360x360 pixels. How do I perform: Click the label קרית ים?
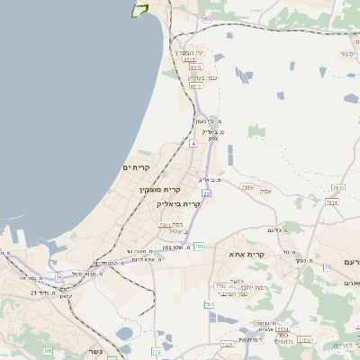tap(135, 167)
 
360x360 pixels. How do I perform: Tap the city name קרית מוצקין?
tap(160, 190)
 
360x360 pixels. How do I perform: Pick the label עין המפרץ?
tap(190, 52)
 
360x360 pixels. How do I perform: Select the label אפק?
tap(265, 192)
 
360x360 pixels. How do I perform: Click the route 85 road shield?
tap(208, 18)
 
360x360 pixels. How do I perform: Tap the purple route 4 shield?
tap(193, 143)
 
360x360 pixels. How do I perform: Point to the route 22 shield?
tap(206, 193)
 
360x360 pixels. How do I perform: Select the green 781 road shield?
tap(199, 246)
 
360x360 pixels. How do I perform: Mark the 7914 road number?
tap(247, 186)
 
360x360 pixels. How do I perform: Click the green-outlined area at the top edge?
tap(139, 8)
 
